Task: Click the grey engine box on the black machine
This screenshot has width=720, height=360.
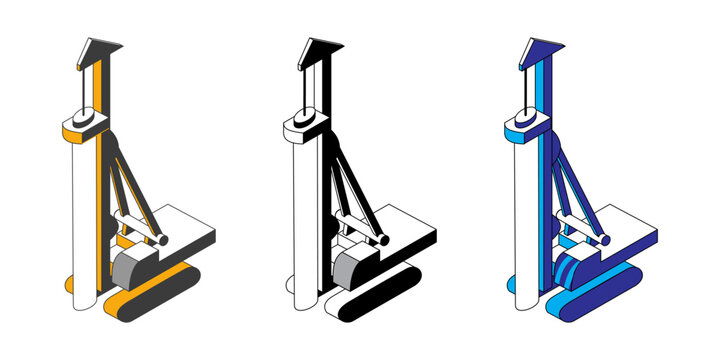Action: pos(353,266)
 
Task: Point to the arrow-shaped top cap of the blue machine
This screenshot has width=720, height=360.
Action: pos(538,48)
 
